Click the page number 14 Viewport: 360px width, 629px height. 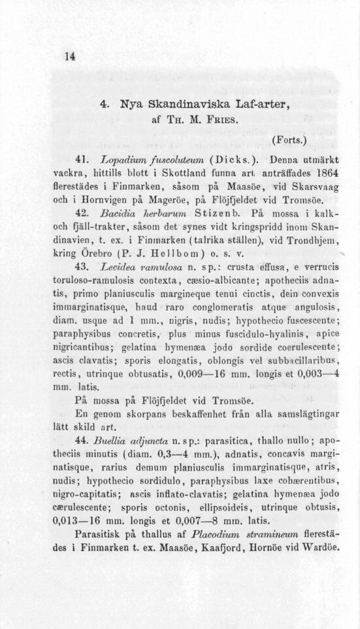67,56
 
